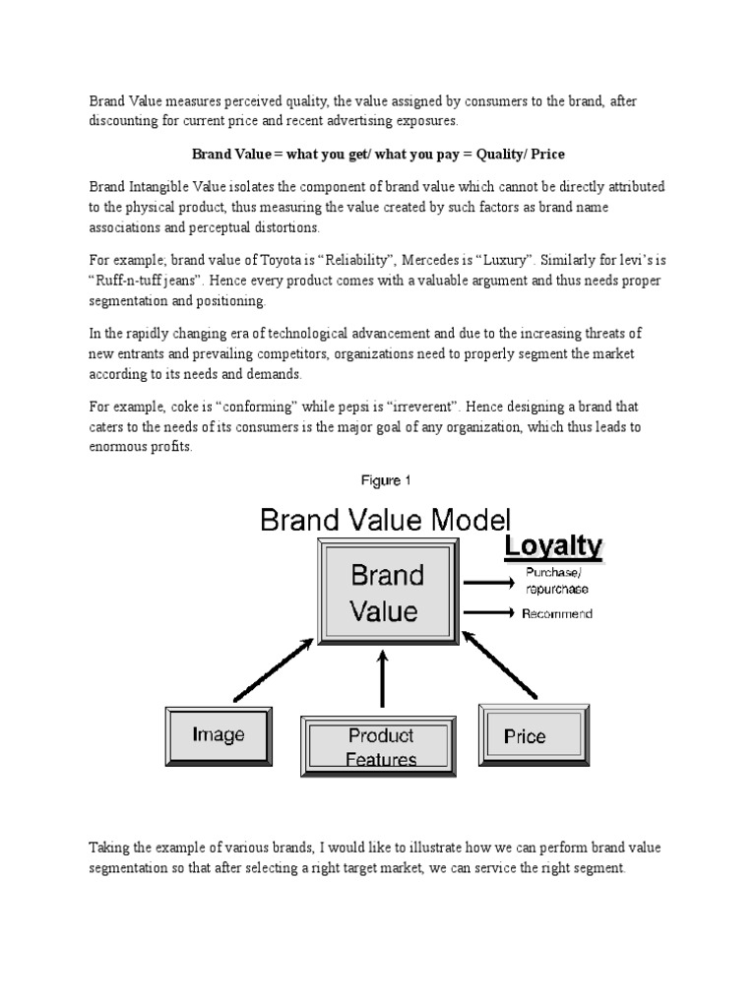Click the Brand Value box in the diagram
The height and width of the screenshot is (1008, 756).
pyautogui.click(x=385, y=593)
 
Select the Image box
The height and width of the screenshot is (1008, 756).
pyautogui.click(x=219, y=734)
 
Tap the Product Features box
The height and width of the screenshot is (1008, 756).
pyautogui.click(x=381, y=747)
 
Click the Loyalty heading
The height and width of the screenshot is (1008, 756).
pyautogui.click(x=553, y=546)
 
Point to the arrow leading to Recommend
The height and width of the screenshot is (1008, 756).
pyautogui.click(x=489, y=614)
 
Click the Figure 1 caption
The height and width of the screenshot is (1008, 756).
pyautogui.click(x=386, y=481)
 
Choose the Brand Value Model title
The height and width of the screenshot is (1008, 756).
pyautogui.click(x=386, y=519)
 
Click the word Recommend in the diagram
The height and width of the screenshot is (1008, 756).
pyautogui.click(x=557, y=614)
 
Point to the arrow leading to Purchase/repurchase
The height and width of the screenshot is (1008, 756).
pyautogui.click(x=489, y=581)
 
